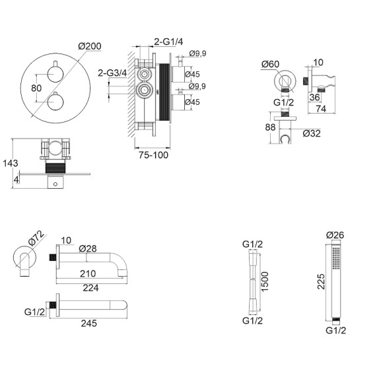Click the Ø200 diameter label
90,46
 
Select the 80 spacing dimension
36,88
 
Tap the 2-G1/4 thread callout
168,42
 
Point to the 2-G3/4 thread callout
112,73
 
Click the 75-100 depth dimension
153,155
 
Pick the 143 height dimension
11,163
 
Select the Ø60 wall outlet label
270,64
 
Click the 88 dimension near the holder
270,127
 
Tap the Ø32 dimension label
312,133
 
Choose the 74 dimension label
321,109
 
